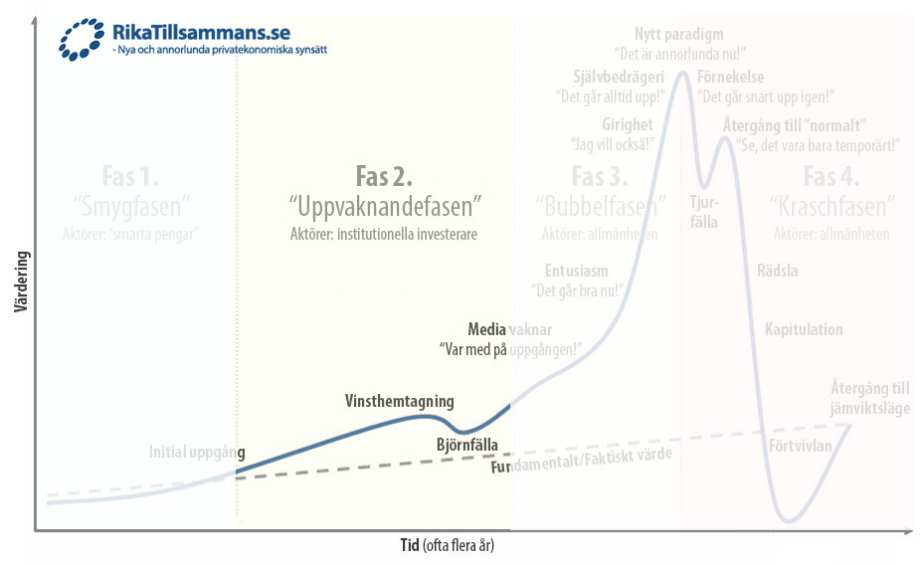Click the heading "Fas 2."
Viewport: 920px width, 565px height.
(x=384, y=176)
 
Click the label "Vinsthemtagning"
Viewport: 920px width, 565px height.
(x=399, y=402)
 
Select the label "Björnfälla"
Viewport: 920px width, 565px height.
(x=467, y=445)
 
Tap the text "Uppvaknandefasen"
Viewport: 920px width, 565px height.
(x=385, y=208)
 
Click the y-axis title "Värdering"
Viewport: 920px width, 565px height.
(x=20, y=283)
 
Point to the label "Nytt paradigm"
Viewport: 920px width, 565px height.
(x=679, y=34)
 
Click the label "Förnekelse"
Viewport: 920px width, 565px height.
(x=731, y=77)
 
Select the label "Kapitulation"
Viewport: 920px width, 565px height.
(x=804, y=329)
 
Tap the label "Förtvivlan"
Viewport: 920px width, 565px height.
(x=801, y=446)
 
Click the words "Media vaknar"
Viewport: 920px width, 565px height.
(x=509, y=329)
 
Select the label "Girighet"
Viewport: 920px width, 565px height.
(x=628, y=124)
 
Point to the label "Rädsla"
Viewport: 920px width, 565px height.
(x=777, y=271)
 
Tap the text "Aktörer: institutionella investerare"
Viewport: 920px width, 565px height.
(x=385, y=234)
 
